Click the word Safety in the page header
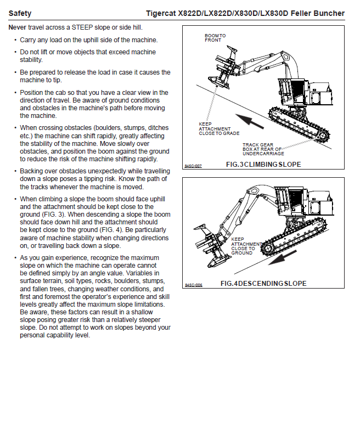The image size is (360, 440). coord(20,13)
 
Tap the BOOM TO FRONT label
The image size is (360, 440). coord(215,38)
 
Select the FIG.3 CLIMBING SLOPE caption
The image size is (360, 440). coord(263,165)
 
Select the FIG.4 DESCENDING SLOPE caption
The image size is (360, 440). coord(263,284)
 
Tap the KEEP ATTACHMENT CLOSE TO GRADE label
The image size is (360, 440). coord(218,129)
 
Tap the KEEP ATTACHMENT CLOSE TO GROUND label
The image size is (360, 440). coord(244,246)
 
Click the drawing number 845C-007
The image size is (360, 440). coord(193,166)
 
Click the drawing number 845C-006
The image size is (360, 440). coord(193,285)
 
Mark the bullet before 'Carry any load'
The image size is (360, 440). coord(15,40)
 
